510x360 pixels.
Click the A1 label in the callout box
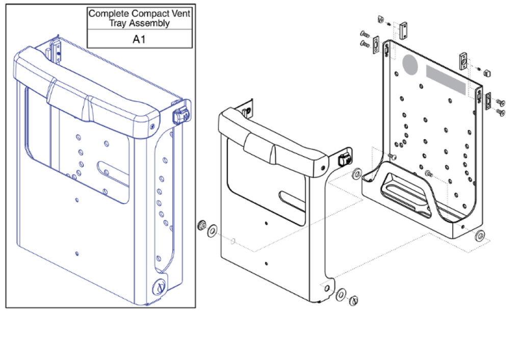[x=139, y=39]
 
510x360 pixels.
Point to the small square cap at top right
[x=486, y=71]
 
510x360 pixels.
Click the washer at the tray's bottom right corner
[x=480, y=236]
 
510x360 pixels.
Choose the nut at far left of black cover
[x=201, y=225]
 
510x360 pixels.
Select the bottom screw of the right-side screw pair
[x=500, y=112]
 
